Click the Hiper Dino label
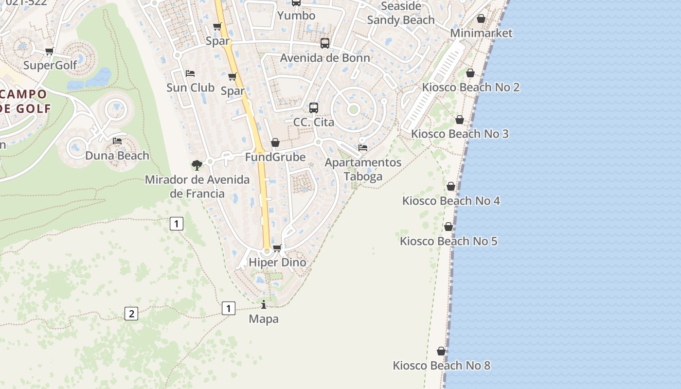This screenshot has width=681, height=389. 277,263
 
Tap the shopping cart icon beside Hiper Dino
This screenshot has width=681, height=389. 277,248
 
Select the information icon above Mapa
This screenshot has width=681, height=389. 264,305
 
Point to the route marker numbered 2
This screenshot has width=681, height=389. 131,314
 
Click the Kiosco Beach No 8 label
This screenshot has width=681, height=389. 441,366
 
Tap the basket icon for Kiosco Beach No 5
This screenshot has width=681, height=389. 448,227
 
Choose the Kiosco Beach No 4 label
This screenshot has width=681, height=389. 451,201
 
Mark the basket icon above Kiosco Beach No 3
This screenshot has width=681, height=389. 460,120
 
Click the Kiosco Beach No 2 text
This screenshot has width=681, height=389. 470,88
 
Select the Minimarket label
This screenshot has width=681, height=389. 481,33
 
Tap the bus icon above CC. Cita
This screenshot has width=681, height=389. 314,108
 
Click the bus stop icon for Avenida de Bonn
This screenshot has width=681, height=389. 325,43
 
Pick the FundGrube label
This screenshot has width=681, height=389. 275,157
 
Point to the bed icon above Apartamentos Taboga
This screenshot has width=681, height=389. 363,148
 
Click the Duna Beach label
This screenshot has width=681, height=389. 117,156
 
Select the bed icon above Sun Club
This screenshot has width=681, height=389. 190,73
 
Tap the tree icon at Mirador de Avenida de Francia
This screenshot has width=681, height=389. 197,165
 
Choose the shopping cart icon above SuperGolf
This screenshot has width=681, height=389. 49,52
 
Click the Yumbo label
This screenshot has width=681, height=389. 296,16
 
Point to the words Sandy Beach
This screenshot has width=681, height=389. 401,20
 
